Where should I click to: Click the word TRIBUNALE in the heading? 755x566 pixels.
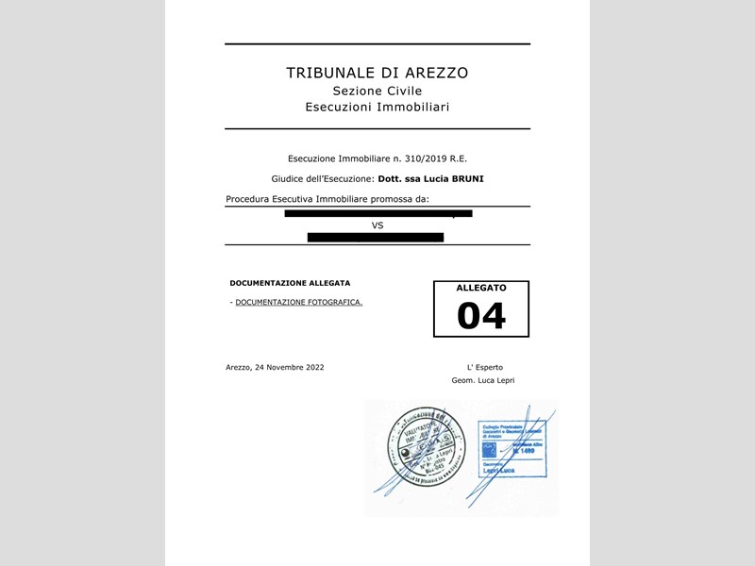click(332, 73)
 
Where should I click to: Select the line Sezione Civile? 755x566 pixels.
click(377, 91)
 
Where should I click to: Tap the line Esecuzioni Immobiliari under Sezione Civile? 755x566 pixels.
click(377, 108)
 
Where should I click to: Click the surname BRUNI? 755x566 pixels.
click(466, 178)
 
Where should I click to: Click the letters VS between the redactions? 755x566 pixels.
click(377, 225)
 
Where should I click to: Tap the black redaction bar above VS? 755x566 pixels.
click(377, 213)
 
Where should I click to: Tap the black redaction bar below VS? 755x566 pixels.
click(376, 237)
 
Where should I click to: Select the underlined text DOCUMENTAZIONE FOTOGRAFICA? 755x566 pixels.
click(298, 302)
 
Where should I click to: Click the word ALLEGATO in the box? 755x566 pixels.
click(481, 287)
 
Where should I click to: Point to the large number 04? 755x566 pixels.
click(481, 316)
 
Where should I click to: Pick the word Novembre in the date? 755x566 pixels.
click(279, 367)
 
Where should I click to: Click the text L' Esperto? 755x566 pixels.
click(484, 367)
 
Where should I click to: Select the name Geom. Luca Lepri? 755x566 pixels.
click(483, 380)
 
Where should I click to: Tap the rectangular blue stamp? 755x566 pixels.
click(512, 449)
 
